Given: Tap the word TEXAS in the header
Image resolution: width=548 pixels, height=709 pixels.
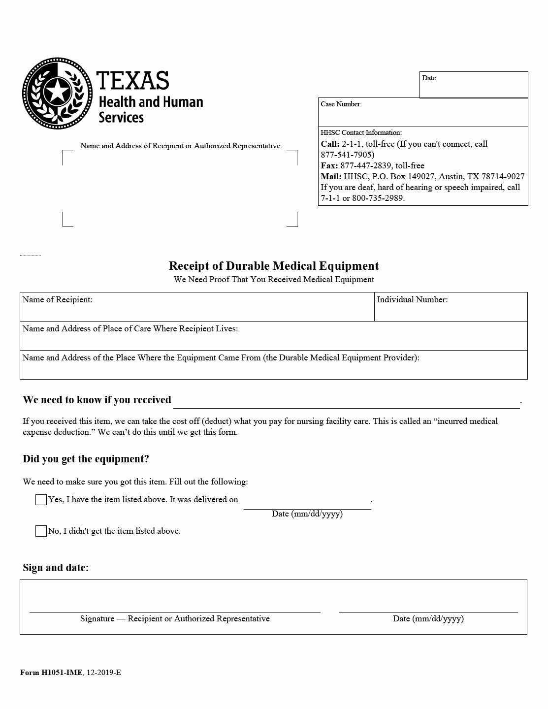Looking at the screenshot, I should click(x=132, y=80).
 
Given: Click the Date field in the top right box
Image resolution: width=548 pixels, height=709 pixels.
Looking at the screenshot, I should click(x=473, y=87).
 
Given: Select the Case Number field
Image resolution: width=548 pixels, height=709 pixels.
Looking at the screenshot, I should click(x=422, y=116).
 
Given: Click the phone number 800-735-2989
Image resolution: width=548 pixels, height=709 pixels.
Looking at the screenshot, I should click(x=378, y=198).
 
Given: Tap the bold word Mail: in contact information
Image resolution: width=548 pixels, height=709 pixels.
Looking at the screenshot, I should click(x=331, y=176).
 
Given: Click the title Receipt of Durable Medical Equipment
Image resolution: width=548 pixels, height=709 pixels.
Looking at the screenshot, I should click(x=274, y=266).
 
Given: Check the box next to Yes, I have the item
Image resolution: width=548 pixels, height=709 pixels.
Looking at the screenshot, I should click(x=41, y=500).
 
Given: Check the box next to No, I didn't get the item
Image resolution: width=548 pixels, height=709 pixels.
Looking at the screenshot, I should click(x=41, y=531).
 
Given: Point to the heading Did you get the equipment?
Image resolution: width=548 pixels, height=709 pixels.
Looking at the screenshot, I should click(x=86, y=459).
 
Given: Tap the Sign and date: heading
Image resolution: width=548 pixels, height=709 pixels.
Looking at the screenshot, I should click(x=56, y=568).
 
